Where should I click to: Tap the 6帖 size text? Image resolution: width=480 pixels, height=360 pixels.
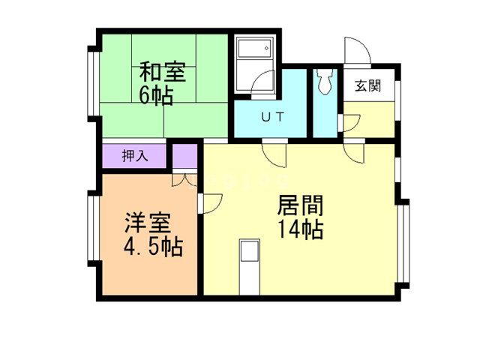pos(157,95)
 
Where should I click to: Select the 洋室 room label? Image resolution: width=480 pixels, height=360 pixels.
pos(148,223)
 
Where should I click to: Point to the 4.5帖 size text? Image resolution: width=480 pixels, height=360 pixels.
pos(154,247)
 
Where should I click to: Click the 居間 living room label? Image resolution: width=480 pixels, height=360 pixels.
pos(300,205)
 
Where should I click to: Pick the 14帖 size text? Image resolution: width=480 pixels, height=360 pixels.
pos(300,230)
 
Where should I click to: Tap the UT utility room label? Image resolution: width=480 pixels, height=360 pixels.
pos(271,116)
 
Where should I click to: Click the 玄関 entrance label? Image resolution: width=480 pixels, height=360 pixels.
pos(367,85)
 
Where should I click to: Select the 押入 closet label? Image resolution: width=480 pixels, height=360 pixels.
pos(134,157)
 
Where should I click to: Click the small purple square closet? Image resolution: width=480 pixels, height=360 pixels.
pos(184,157)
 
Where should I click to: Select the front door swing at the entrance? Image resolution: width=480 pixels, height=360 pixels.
pos(358,50)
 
